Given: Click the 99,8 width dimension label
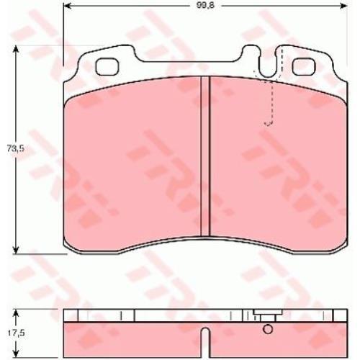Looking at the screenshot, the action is pos(205,6).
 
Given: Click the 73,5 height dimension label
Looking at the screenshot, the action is pos(15,149).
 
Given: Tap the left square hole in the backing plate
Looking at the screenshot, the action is pos(107,66).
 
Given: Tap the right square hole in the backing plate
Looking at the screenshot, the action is pos(304,66).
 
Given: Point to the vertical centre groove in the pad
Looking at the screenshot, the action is pos(205,156).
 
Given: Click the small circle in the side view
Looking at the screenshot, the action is pos(268,329).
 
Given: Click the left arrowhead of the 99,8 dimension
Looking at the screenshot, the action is pos(67,6).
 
